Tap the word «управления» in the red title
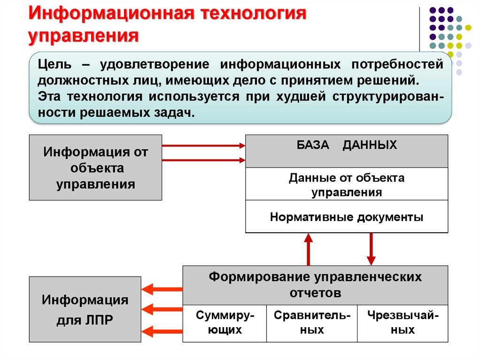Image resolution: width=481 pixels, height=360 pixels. point(84,36)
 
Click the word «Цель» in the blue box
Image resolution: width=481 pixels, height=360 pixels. point(54,65)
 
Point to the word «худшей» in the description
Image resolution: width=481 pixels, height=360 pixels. point(301,97)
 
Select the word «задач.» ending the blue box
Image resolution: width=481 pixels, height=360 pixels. point(174,113)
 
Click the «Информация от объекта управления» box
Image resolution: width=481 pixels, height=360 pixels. point(95,168)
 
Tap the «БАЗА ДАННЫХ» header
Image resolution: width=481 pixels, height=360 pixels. point(347,151)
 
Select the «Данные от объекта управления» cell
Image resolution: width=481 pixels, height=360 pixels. point(347,184)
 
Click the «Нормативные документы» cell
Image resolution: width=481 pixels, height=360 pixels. point(347,216)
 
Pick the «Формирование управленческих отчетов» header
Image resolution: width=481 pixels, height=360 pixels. point(315,285)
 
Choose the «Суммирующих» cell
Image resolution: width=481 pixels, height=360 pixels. point(225,323)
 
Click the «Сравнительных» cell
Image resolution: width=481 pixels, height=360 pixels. point(312,323)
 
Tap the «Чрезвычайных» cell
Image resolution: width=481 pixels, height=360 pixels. point(403,323)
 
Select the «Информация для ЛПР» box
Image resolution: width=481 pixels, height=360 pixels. point(85,309)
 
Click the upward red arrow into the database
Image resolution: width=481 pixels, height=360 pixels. point(308,249)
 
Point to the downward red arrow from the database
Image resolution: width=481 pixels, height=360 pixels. point(371,249)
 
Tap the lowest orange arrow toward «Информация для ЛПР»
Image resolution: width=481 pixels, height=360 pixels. point(162,331)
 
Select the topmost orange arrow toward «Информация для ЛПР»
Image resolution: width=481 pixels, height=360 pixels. point(162,289)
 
